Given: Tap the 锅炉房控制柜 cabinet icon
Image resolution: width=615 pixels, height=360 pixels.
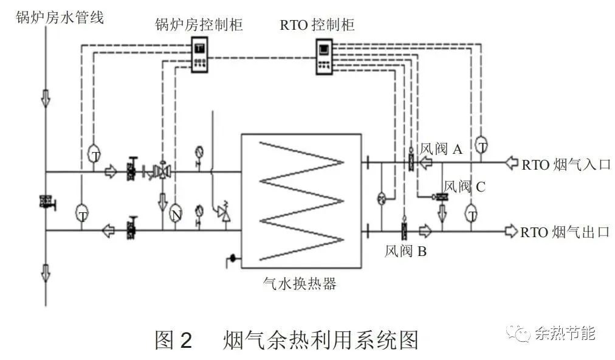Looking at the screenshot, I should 201,55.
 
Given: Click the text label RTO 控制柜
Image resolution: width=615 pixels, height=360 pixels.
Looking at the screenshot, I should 317,25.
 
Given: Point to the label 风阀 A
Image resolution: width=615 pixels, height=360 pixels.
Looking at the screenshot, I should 441,150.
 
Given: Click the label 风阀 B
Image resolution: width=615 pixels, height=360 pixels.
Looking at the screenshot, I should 405,251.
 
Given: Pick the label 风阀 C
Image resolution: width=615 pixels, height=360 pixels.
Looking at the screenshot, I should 464,186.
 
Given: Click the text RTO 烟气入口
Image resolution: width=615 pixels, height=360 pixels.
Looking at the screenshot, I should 565,164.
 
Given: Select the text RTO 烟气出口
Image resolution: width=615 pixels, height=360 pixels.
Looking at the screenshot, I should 565,232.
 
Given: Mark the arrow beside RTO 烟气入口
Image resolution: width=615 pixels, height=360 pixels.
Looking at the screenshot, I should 513,163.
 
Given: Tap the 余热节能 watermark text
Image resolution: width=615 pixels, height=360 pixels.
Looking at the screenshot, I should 565,333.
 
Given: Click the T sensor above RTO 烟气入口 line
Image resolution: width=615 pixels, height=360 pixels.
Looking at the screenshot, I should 481,145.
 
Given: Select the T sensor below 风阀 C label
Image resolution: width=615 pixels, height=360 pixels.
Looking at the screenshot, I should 471,213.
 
